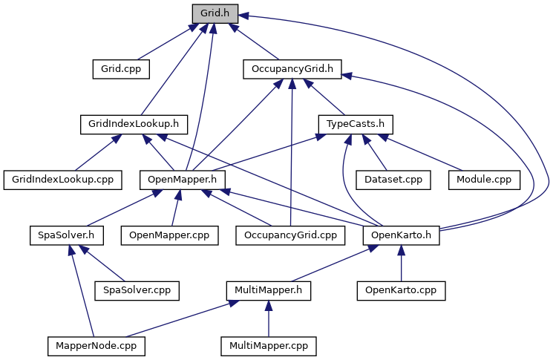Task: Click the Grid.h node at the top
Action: click(215, 14)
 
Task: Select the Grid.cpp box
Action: click(121, 69)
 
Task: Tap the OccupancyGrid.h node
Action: click(292, 69)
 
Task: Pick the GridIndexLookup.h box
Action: click(134, 125)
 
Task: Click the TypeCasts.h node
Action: click(356, 125)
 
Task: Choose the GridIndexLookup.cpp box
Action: click(63, 180)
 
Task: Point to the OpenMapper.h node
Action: click(183, 180)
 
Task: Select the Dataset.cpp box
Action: click(393, 180)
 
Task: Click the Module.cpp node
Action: click(484, 180)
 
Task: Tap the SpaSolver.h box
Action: click(66, 235)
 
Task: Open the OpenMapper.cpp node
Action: click(170, 235)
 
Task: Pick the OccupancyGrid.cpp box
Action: click(291, 235)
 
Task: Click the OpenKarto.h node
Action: click(402, 235)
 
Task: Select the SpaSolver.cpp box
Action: click(137, 290)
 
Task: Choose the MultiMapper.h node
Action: click(269, 290)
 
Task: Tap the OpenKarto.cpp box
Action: click(401, 290)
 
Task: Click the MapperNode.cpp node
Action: click(96, 346)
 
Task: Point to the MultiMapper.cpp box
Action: click(269, 346)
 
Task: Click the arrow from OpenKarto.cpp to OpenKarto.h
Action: click(401, 263)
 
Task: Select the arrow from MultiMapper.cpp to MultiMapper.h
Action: click(269, 318)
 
